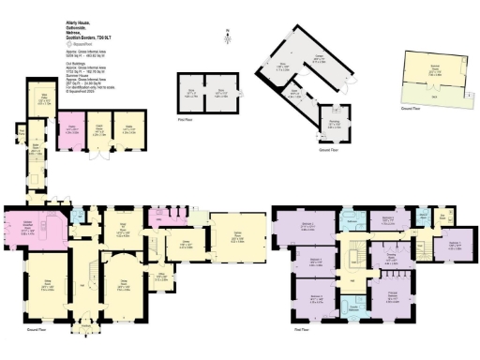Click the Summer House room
click(433, 63)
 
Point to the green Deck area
click(433, 95)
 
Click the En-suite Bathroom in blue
click(355, 306)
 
